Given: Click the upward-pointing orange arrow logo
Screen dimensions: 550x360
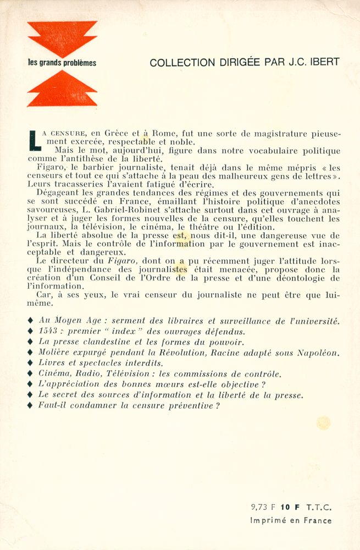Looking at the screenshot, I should (x=62, y=89).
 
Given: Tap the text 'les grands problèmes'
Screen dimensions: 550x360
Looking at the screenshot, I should (x=62, y=63).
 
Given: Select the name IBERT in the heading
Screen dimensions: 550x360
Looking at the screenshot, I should (x=324, y=62).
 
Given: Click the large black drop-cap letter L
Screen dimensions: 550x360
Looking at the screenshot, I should (x=34, y=139).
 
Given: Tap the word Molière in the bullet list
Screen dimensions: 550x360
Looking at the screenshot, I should (x=56, y=353).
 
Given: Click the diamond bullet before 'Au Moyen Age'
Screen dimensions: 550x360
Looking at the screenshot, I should (x=31, y=321).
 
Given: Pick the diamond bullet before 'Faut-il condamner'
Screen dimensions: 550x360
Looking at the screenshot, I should (x=31, y=405).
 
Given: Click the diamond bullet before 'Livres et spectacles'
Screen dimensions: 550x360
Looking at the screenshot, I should (x=31, y=363).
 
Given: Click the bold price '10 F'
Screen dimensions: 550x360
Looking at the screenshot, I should (x=287, y=507).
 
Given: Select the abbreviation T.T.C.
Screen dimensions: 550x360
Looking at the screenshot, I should (x=318, y=507).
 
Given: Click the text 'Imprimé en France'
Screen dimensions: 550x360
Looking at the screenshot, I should (x=291, y=520).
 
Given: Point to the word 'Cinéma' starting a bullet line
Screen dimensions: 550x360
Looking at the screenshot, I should (x=54, y=374).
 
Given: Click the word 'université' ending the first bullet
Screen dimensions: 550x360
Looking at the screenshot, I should (x=315, y=321).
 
